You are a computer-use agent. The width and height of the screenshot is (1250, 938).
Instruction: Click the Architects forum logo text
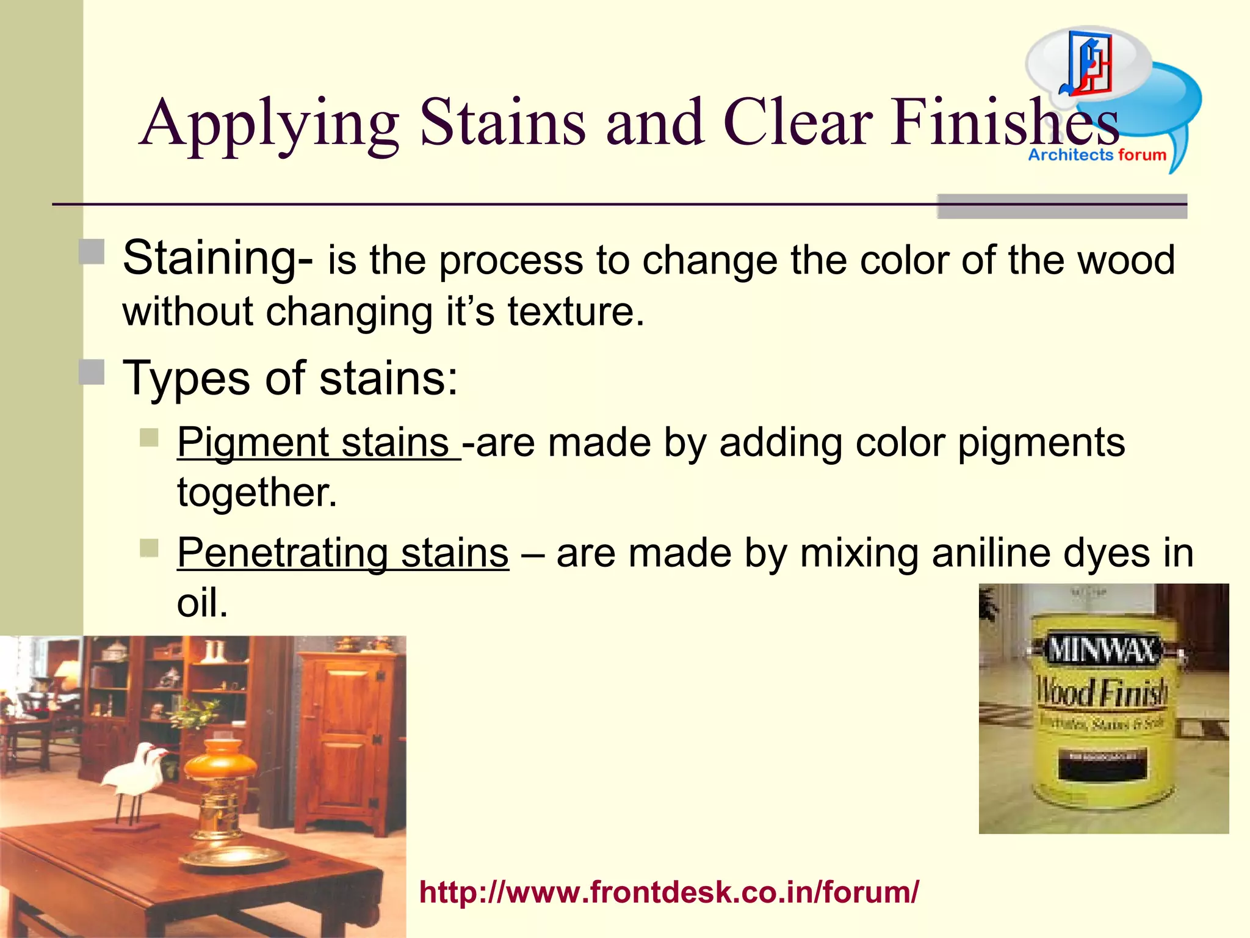1097,155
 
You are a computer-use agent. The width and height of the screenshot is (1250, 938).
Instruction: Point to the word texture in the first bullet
576,311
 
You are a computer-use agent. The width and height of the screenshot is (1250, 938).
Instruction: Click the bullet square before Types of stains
92,372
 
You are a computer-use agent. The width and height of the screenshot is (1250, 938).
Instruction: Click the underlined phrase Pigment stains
317,442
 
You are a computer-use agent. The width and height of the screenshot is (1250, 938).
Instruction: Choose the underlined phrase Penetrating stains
342,553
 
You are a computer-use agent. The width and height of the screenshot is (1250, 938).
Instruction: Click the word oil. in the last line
202,603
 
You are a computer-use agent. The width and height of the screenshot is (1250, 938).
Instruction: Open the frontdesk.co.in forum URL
669,892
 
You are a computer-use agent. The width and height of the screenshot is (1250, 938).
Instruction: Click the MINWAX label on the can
1102,650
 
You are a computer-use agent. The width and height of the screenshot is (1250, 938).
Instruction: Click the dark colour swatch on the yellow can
1102,764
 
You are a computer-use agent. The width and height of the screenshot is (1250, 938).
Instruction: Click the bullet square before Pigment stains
149,437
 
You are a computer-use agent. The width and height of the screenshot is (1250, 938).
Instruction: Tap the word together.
257,492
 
